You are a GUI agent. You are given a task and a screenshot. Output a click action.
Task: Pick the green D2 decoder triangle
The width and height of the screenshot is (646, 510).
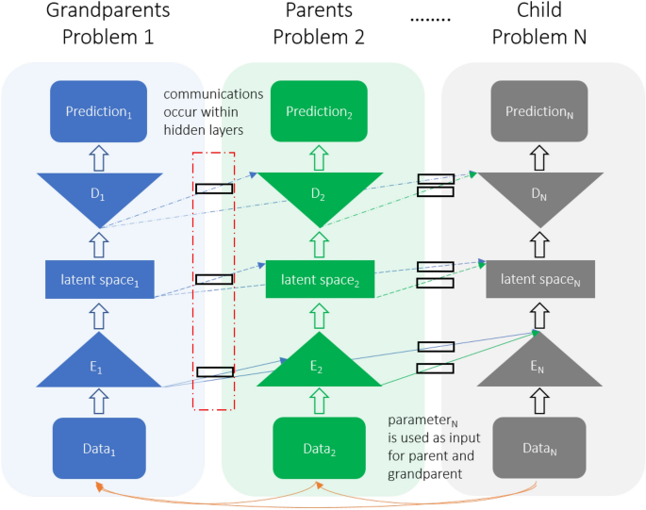(321, 193)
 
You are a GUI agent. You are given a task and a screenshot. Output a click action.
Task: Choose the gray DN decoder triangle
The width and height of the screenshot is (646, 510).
(538, 193)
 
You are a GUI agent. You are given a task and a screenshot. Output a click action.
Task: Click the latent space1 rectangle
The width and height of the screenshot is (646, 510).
(101, 280)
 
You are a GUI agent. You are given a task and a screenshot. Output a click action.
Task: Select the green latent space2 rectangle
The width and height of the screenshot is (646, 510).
(321, 280)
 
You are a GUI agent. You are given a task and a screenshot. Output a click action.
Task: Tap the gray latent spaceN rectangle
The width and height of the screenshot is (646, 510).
(538, 280)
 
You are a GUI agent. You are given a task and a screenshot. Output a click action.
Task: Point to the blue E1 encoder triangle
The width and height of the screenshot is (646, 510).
(101, 367)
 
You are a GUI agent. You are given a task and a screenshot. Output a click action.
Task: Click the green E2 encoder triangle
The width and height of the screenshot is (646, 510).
(321, 367)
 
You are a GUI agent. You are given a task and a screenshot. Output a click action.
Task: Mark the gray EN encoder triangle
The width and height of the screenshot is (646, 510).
(538, 367)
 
